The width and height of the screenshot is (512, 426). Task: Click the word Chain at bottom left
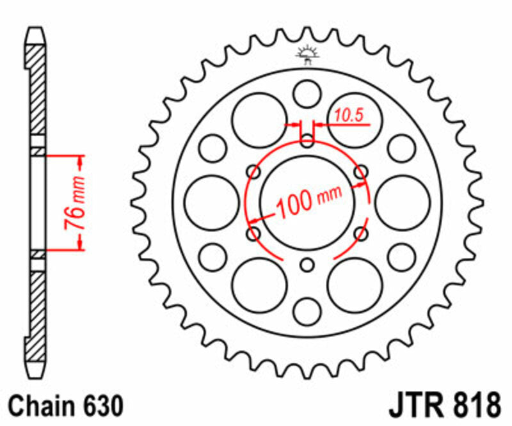(x=40, y=406)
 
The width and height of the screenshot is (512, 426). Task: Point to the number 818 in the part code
(x=473, y=406)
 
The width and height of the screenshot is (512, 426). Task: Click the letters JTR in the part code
(x=414, y=406)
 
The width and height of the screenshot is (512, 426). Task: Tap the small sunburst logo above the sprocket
(x=307, y=55)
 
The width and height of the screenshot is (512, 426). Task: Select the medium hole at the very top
(x=308, y=93)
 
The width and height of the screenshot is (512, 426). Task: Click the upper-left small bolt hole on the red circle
(x=254, y=172)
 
